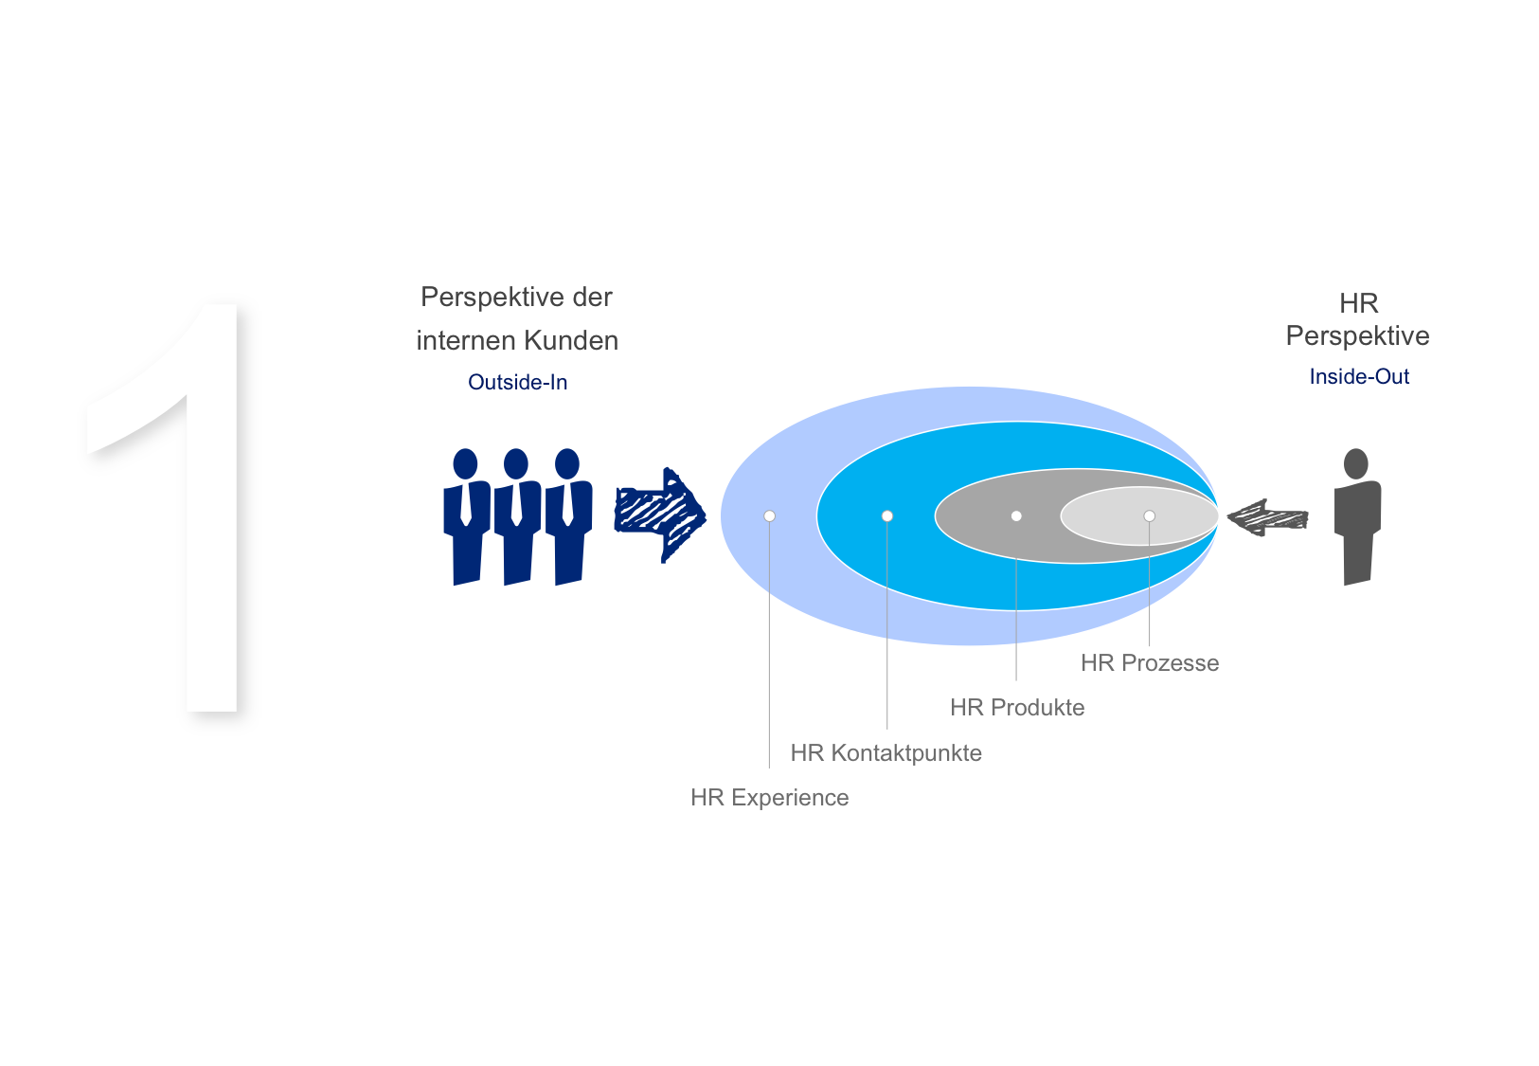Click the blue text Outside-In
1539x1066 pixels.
coord(517,382)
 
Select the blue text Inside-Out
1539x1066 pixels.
coord(1359,376)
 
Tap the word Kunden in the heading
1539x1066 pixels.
coord(571,341)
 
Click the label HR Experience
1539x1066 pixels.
coord(769,797)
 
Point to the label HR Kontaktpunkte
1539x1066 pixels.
coord(886,753)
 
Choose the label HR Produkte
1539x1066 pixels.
coord(1017,707)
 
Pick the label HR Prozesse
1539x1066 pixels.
coord(1150,662)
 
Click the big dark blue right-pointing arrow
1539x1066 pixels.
coord(659,515)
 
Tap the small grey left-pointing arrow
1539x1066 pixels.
coord(1267,517)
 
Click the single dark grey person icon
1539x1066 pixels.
coord(1357,516)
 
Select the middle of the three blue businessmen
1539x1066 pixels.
coord(517,516)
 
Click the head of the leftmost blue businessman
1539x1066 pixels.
coord(465,464)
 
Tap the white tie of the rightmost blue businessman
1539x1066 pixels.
coord(567,504)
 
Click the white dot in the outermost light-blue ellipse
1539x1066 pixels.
coord(769,516)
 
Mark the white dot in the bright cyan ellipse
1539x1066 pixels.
coord(887,516)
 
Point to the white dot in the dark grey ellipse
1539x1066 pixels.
coord(1016,516)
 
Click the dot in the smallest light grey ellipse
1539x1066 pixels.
coord(1150,516)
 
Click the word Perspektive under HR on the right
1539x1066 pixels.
coord(1357,336)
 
